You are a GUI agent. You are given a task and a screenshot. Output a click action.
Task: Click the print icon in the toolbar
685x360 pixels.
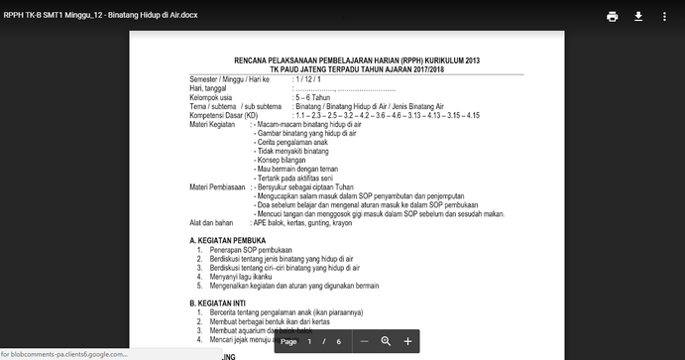click(613, 17)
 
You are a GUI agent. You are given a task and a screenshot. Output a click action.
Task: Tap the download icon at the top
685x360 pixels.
click(638, 17)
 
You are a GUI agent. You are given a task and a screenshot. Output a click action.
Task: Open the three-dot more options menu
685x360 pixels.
click(665, 17)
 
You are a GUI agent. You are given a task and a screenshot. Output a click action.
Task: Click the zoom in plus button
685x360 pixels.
click(407, 341)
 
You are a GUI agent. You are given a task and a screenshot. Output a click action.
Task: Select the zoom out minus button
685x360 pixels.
click(365, 341)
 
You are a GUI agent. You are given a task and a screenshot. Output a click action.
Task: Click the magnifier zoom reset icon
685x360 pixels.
click(386, 341)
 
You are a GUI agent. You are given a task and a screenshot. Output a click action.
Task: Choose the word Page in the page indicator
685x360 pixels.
click(288, 341)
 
